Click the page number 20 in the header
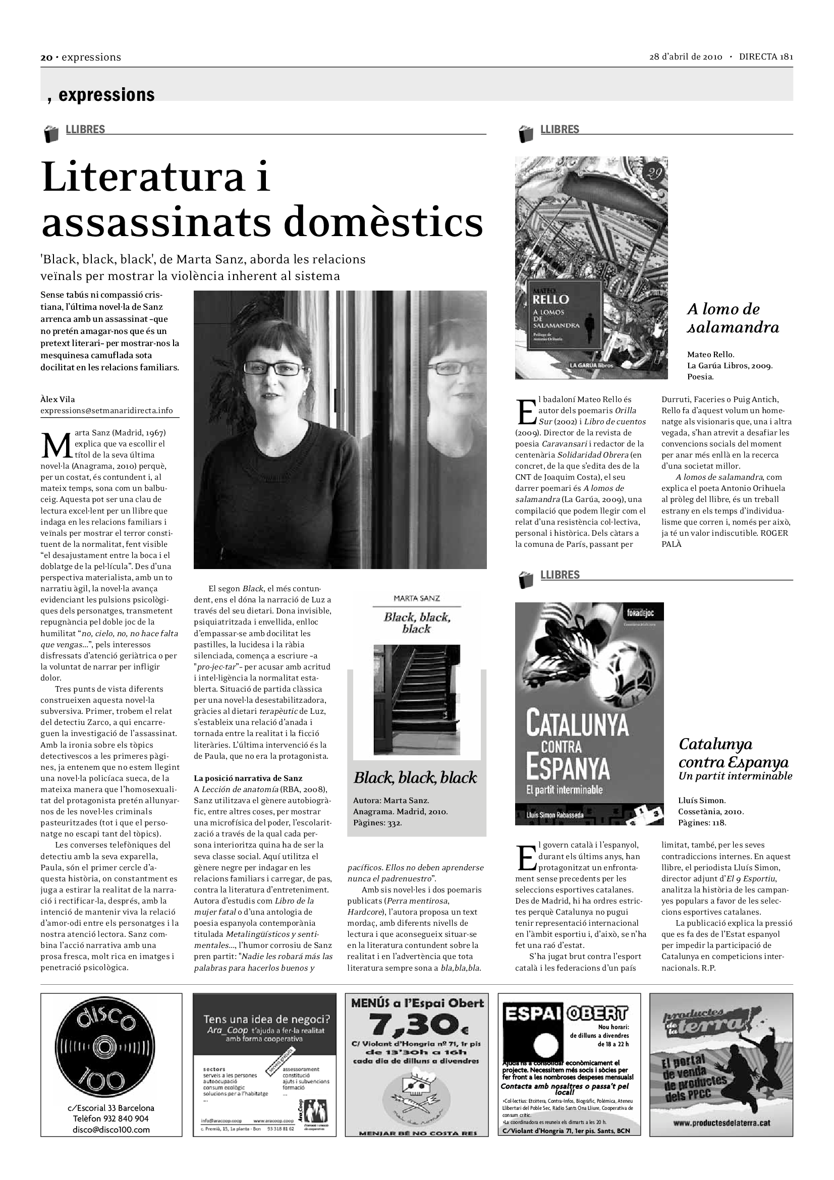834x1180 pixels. [x=46, y=58]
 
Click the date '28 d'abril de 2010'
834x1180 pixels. [x=686, y=57]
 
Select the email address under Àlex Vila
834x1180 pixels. [x=107, y=411]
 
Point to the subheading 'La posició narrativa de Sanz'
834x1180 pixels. [x=248, y=778]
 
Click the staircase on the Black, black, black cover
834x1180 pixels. [x=416, y=699]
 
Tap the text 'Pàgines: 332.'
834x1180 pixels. [x=377, y=823]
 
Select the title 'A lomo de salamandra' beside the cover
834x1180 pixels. [x=732, y=318]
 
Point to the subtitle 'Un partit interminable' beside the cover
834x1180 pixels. [x=735, y=776]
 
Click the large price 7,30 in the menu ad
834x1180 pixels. [x=416, y=1025]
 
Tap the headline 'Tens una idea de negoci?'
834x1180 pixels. [x=266, y=1019]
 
